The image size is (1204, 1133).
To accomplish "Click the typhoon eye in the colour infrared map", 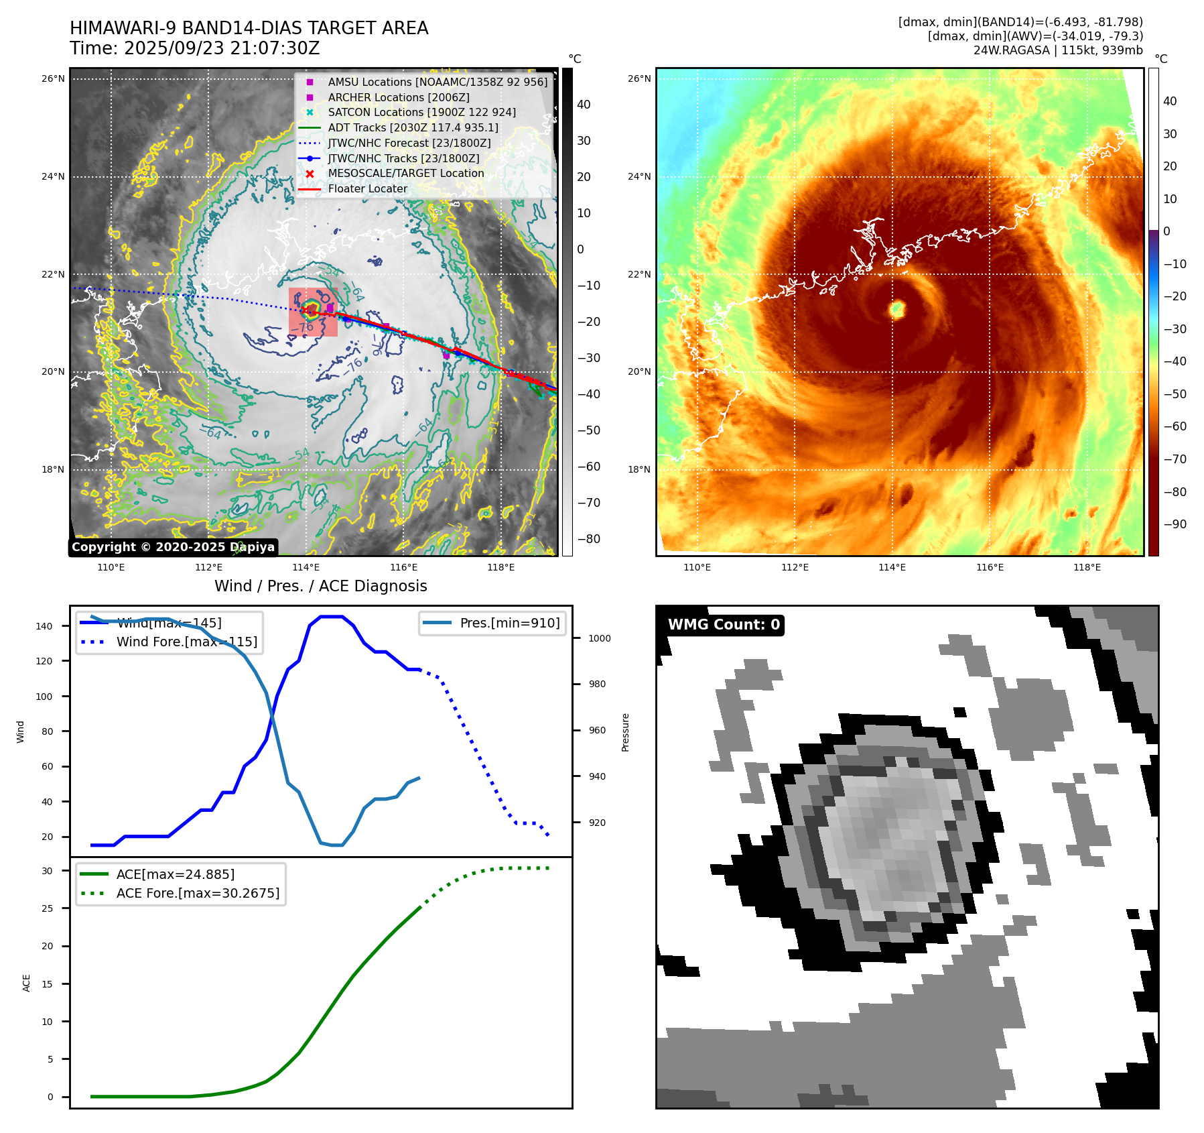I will coord(897,309).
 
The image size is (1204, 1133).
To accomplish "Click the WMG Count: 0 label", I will coord(724,625).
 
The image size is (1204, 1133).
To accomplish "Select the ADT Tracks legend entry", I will coord(413,127).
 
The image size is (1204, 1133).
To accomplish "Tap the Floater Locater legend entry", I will coord(367,188).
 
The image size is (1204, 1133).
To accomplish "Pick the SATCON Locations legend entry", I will coord(421,112).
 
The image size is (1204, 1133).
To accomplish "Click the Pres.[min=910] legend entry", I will coord(509,623).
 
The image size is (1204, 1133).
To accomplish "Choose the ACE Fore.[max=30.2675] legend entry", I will coord(198,893).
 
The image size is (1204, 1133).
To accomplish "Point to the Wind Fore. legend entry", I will coord(186,642).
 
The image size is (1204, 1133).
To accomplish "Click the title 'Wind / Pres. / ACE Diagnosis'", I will coord(320,586).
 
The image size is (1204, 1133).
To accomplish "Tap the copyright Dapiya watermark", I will coord(173,547).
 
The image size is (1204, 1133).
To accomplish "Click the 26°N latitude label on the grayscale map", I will coord(53,79).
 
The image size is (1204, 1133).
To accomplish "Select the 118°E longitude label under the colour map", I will coord(1087,567).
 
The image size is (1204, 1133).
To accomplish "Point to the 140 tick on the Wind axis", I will coord(44,626).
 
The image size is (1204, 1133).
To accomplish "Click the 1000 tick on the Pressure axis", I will coord(599,638).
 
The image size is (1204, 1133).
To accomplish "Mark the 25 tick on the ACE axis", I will coord(47,908).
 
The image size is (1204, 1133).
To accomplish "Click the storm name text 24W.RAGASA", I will coord(1011,50).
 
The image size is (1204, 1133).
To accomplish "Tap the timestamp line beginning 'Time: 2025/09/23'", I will coord(194,48).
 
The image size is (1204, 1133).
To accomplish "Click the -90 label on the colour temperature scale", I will coord(1175,524).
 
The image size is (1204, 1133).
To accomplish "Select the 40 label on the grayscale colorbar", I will coord(584,105).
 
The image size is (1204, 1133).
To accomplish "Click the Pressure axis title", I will coord(625,732).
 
